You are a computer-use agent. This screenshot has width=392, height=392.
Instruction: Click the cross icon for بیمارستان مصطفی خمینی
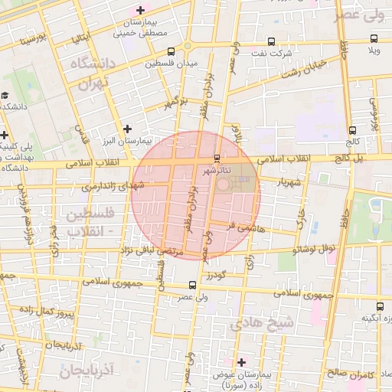(139, 10)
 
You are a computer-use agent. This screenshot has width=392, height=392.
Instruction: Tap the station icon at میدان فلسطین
(170, 52)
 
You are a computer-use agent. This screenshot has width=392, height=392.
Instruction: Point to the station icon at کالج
(352, 130)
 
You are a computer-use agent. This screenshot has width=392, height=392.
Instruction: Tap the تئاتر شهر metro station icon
(217, 158)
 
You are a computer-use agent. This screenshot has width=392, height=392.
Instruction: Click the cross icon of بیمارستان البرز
(127, 128)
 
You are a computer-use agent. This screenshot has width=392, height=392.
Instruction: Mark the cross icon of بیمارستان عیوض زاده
(242, 362)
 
